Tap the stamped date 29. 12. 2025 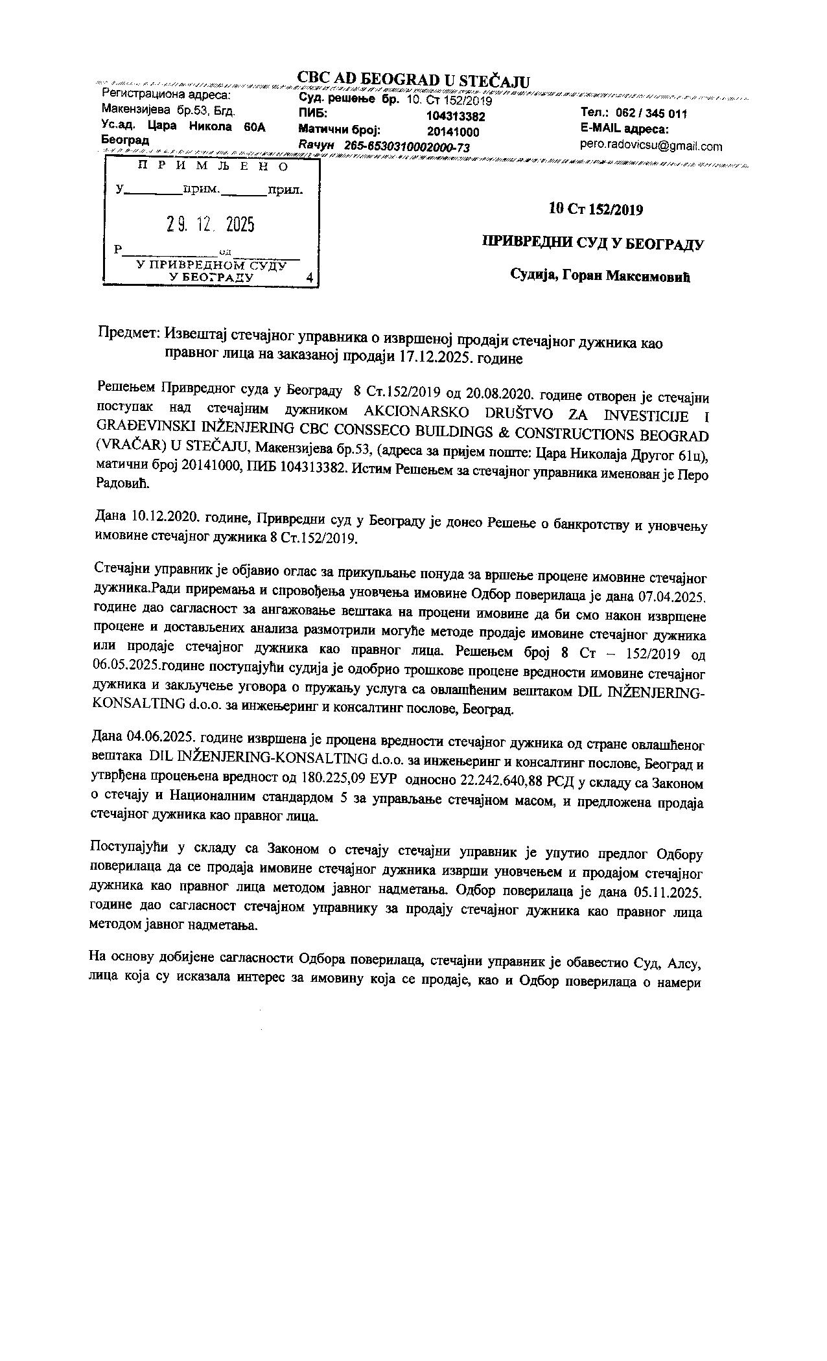pos(210,224)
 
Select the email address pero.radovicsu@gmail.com pos(651,146)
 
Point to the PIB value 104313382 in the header pos(456,117)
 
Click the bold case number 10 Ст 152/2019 pos(595,209)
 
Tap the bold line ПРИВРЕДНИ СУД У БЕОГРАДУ pos(592,244)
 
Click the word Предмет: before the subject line pos(129,333)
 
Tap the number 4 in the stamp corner pos(309,277)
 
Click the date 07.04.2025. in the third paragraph pos(673,595)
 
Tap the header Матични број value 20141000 pos(453,132)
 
